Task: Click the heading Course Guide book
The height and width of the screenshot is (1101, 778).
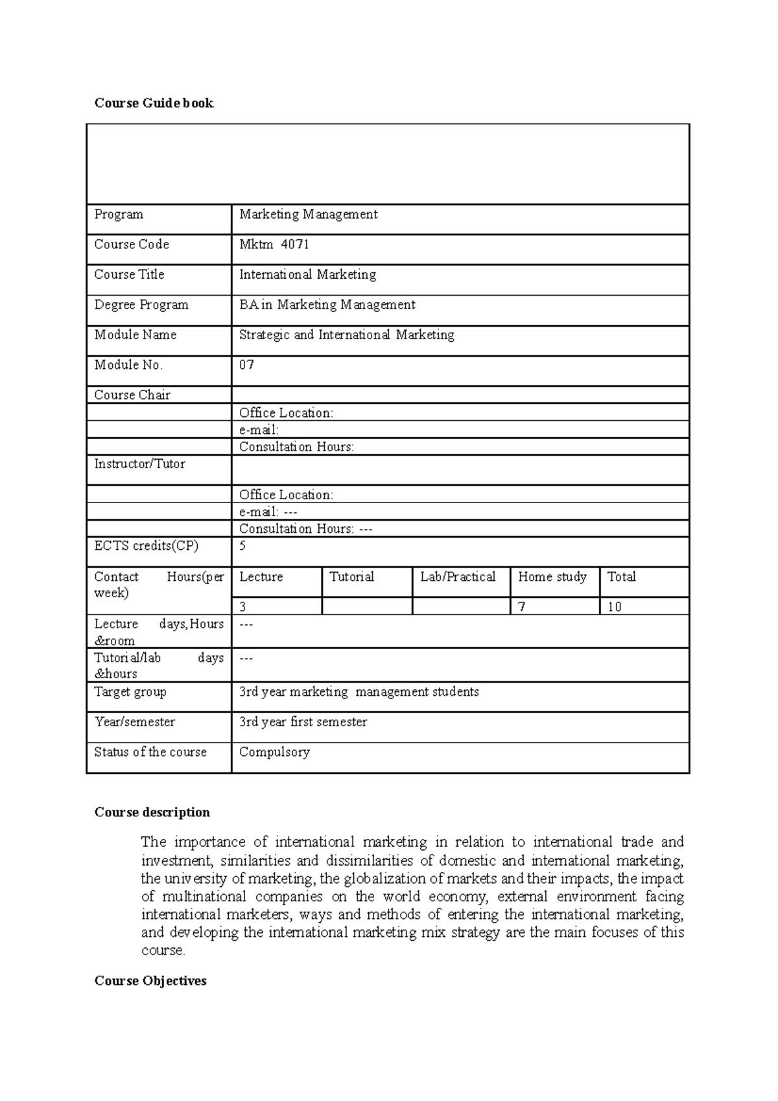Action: (154, 103)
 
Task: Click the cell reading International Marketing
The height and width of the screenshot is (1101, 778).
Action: (307, 275)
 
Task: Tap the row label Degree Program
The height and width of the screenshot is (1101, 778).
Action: (141, 305)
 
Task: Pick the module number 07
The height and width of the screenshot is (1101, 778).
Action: (246, 365)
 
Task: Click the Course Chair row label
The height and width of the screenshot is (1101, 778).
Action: (132, 395)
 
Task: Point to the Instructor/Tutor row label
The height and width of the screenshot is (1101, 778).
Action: (139, 464)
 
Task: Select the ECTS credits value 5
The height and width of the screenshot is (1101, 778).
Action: (243, 546)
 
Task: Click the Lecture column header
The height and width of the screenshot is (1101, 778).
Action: (261, 577)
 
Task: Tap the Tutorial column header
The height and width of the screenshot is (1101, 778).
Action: (351, 577)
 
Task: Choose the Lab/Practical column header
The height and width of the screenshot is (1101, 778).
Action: (458, 577)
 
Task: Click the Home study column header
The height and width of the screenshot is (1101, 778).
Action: (552, 577)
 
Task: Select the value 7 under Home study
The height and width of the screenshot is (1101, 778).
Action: (522, 607)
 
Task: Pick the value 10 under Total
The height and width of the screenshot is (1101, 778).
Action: (615, 607)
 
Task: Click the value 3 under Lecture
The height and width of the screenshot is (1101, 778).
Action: (243, 607)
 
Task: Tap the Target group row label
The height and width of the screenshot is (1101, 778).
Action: (130, 692)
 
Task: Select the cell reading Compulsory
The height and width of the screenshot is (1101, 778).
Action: (274, 752)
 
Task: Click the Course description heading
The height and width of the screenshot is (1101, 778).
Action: (152, 812)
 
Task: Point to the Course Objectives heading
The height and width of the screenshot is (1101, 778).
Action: (150, 981)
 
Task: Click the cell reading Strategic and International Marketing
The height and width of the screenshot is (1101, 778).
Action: (346, 335)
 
